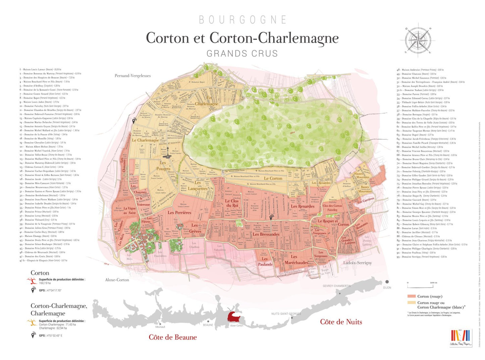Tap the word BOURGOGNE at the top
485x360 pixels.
[x=242, y=20]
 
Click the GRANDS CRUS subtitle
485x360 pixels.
[x=242, y=54]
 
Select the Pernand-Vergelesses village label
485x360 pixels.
[x=133, y=76]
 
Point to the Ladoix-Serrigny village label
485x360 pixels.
[x=357, y=263]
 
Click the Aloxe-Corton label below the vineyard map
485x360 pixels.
[x=117, y=280]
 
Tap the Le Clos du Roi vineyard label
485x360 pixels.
[x=232, y=203]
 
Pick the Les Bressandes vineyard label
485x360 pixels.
[x=266, y=235]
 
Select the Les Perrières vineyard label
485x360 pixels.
[x=179, y=213]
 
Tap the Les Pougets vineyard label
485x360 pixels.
[x=163, y=166]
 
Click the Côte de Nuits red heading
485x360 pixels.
[x=341, y=322]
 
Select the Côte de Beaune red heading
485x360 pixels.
[x=173, y=338]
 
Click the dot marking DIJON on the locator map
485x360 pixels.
[x=387, y=282]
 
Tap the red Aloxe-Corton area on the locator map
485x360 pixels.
[x=235, y=316]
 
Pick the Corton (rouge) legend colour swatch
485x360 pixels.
[x=411, y=296]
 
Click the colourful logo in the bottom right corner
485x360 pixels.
[x=461, y=338]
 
